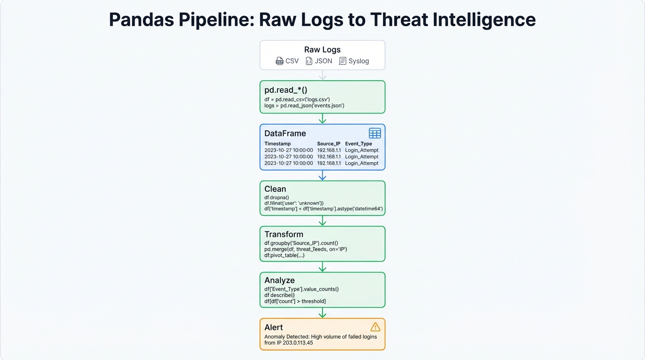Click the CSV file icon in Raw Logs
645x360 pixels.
(279, 61)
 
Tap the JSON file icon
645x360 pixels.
(309, 61)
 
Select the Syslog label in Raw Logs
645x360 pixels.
(359, 61)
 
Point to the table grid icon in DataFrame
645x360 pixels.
(375, 133)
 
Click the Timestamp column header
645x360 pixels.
(277, 143)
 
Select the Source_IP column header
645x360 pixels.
(329, 143)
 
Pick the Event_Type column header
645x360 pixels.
(358, 143)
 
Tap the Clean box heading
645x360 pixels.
(275, 189)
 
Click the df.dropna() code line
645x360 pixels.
(277, 197)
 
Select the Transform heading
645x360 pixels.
(284, 234)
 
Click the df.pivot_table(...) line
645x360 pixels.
(284, 255)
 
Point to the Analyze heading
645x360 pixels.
(279, 280)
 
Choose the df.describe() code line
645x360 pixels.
(279, 295)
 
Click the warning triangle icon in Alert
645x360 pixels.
(375, 327)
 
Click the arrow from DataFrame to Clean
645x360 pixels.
(322, 175)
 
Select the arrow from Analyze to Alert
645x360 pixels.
(322, 313)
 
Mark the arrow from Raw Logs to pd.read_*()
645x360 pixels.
(322, 75)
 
